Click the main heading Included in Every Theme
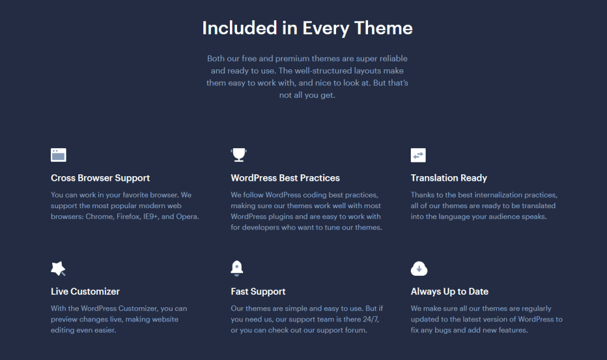point(307,28)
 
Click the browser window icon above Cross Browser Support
point(58,155)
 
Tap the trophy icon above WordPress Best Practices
point(238,155)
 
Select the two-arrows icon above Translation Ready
point(418,155)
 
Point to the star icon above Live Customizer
point(58,269)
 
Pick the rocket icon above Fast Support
point(237,269)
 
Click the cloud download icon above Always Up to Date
point(418,269)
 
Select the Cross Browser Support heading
point(100,178)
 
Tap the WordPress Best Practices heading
point(285,178)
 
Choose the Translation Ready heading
point(449,178)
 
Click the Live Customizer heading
point(85,291)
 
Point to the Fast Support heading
point(258,291)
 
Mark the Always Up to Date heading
point(449,291)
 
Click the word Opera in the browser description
point(187,216)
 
